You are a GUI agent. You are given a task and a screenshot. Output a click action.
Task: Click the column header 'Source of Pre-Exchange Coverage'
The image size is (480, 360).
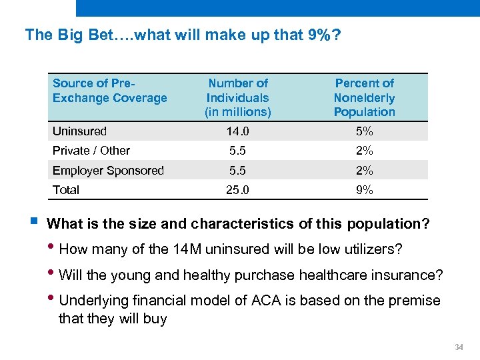(x=109, y=91)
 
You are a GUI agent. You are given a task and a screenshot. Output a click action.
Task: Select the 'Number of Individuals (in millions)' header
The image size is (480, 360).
(x=238, y=97)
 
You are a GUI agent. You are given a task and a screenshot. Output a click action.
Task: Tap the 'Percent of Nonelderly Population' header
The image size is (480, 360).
(x=364, y=97)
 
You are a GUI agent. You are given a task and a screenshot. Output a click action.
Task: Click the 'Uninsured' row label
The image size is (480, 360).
(x=79, y=131)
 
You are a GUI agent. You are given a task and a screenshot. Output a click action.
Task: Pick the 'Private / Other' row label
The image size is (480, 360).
(x=91, y=151)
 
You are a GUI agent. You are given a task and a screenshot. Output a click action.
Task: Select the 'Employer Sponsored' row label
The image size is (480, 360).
(x=108, y=171)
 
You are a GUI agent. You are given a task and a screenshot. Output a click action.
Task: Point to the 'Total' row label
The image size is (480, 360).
(x=66, y=190)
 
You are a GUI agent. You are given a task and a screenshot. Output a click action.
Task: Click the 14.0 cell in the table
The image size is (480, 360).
(x=238, y=131)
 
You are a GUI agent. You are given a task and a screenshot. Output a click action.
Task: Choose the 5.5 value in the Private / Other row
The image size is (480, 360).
(x=238, y=151)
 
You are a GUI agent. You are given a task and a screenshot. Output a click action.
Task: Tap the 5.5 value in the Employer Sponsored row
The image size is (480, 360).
(x=238, y=171)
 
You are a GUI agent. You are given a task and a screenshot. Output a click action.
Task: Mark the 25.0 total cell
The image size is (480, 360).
(x=238, y=190)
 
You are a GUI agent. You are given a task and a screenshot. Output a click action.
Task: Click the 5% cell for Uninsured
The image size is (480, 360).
(x=364, y=131)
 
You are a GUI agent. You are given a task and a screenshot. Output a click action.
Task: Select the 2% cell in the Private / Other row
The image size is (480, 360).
(x=364, y=151)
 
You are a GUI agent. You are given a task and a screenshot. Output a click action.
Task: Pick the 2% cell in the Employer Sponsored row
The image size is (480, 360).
(x=364, y=171)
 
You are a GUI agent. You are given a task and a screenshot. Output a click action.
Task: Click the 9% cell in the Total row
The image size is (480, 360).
(x=364, y=190)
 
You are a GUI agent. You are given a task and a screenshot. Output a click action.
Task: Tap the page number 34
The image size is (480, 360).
(x=458, y=347)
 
